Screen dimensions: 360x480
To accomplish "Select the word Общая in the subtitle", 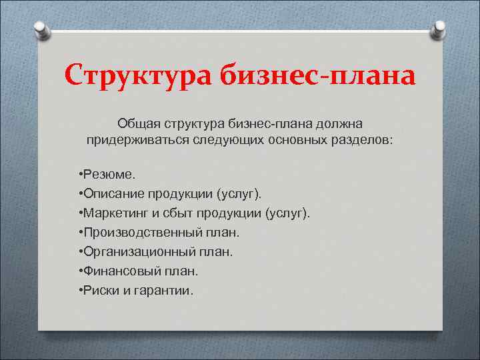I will point(136,123).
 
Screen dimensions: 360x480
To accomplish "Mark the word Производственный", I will point(142,233).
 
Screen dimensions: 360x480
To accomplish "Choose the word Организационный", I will point(139,252).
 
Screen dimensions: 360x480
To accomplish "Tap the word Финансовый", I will point(117,271).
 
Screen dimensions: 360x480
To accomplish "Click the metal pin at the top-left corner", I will point(41,29).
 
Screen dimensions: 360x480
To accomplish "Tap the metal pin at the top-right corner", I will point(439,29).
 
